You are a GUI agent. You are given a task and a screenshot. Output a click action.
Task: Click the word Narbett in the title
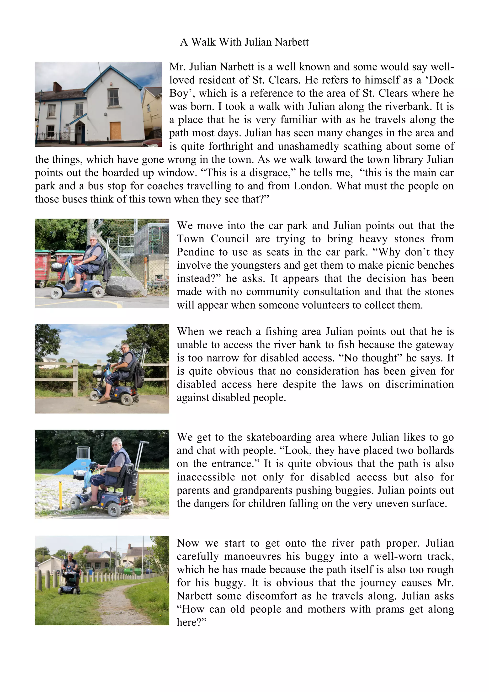pyautogui.click(x=291, y=42)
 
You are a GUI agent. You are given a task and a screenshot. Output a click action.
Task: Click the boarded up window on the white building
pyautogui.click(x=115, y=131)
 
